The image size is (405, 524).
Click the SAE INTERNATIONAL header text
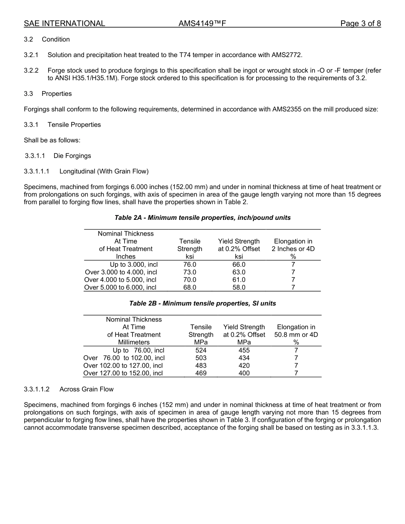coord(64,23)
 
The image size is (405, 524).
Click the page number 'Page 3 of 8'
coord(360,23)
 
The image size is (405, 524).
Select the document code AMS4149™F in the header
coord(202,23)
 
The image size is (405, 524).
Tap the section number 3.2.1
coord(31,55)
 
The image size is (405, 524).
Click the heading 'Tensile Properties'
coord(74,125)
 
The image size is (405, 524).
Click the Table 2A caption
coord(202,218)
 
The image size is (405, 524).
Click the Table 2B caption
coord(202,304)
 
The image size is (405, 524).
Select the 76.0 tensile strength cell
coord(190,265)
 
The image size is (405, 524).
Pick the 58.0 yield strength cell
coord(239,288)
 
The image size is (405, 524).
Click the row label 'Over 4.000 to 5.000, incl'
coord(120,280)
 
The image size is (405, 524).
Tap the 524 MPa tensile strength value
coord(201,351)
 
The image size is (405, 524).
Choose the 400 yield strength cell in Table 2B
coord(244,373)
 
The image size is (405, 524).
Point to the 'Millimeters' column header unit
coord(134,342)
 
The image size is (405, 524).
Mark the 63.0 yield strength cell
coord(239,272)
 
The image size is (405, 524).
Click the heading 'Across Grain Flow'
coord(87,389)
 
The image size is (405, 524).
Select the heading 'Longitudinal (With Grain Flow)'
coord(104,171)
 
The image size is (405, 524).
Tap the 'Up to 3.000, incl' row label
coord(133,265)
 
